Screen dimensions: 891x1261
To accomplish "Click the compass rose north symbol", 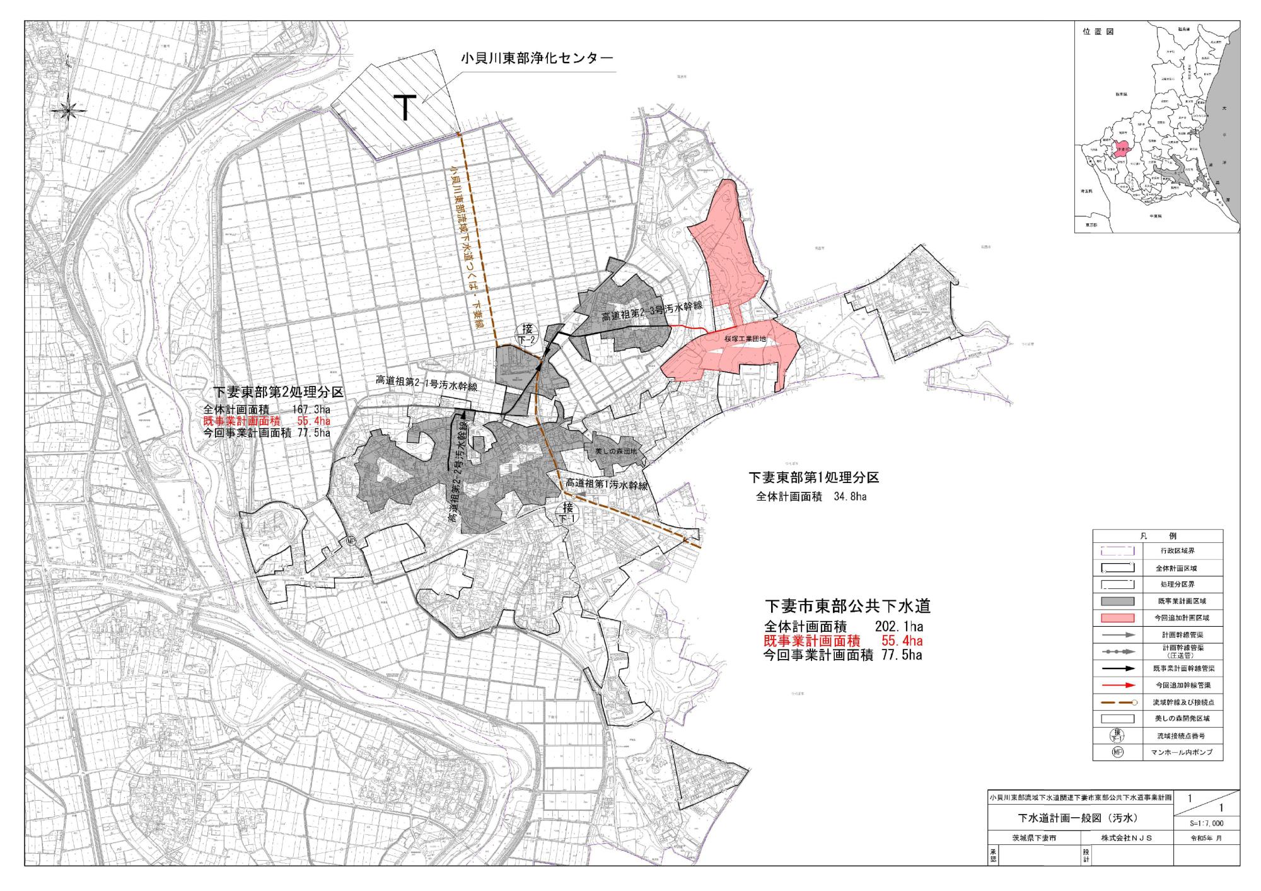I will [x=69, y=110].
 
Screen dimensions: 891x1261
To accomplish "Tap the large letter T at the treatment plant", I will [x=405, y=107].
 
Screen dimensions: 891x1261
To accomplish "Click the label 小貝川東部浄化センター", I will [x=537, y=59].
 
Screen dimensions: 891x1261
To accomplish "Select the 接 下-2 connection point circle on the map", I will [x=527, y=332].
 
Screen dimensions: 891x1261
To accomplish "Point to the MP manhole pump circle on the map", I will [x=351, y=541].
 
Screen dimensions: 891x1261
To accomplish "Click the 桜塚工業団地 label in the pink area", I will [x=745, y=339].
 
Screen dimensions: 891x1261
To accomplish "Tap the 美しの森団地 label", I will [x=616, y=451].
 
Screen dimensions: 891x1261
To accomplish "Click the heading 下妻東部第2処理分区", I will [x=278, y=392].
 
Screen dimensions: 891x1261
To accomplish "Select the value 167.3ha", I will [x=311, y=409].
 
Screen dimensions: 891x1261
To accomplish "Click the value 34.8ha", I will [x=850, y=497].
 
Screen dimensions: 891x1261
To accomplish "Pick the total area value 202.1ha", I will [x=898, y=627].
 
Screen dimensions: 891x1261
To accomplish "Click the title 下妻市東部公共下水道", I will [x=847, y=606].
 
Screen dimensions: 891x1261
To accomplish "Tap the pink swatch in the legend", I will [x=1117, y=618].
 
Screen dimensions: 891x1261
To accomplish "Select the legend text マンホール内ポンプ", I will [x=1182, y=752].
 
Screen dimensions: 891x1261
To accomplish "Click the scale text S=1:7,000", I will [x=1206, y=824].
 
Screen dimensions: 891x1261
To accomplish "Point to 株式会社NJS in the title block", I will [x=1126, y=838].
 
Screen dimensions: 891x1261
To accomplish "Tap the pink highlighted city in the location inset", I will [x=1120, y=150].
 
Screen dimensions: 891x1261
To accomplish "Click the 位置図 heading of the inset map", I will [x=1098, y=32].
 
